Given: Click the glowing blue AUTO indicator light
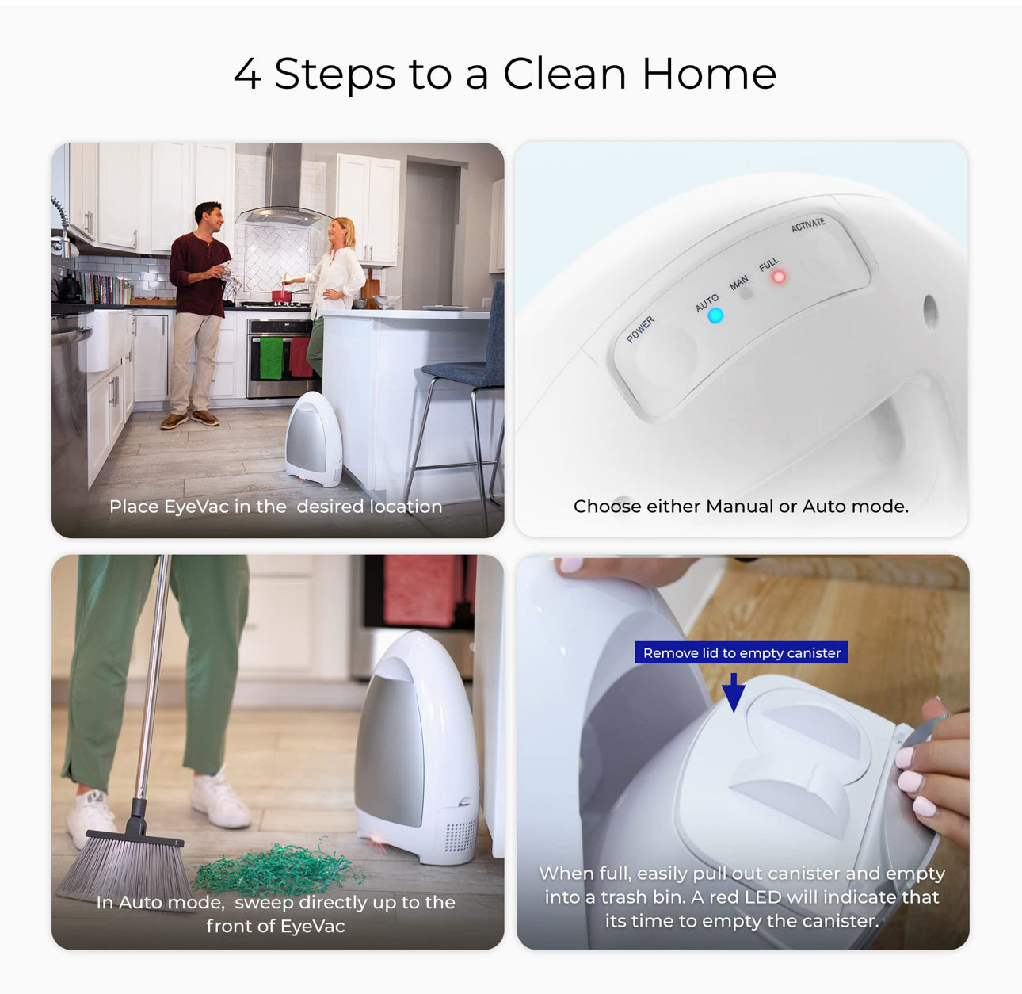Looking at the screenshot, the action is point(715,315).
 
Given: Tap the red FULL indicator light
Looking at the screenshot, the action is point(778,277).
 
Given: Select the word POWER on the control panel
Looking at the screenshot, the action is point(640,330).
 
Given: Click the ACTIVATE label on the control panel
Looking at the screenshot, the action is point(808,224).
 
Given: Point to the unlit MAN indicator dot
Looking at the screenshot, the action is point(746,292).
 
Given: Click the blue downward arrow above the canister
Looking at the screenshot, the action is point(734,693).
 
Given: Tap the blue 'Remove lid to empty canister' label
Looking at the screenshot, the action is point(741,652).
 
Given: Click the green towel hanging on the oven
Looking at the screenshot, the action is point(271,358).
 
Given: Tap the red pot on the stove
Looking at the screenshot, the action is point(281,296).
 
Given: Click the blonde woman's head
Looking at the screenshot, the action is point(341,231).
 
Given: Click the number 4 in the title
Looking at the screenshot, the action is point(247,74).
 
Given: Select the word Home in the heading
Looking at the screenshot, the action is point(709,74).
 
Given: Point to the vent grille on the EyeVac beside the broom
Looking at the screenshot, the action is point(460,835).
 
